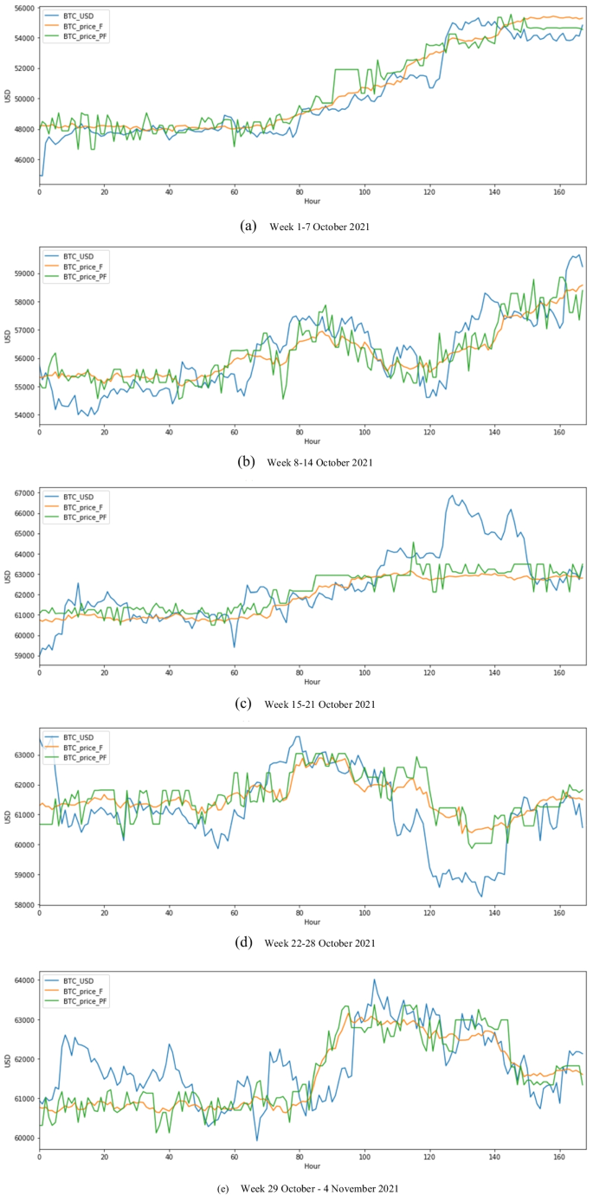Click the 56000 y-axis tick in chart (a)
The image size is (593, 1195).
(x=23, y=8)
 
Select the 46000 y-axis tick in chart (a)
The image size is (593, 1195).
(x=23, y=160)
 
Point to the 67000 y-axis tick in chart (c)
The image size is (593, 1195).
(x=23, y=493)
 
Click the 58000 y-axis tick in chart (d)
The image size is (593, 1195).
(x=23, y=905)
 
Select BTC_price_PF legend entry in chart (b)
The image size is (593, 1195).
(x=86, y=277)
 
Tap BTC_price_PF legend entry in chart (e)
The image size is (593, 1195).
(x=86, y=1001)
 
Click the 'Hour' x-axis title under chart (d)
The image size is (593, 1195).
(x=311, y=922)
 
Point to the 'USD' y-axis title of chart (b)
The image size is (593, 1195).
(x=7, y=334)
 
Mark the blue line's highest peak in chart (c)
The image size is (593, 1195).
(x=451, y=496)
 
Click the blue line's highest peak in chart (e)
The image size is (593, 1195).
(x=374, y=980)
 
